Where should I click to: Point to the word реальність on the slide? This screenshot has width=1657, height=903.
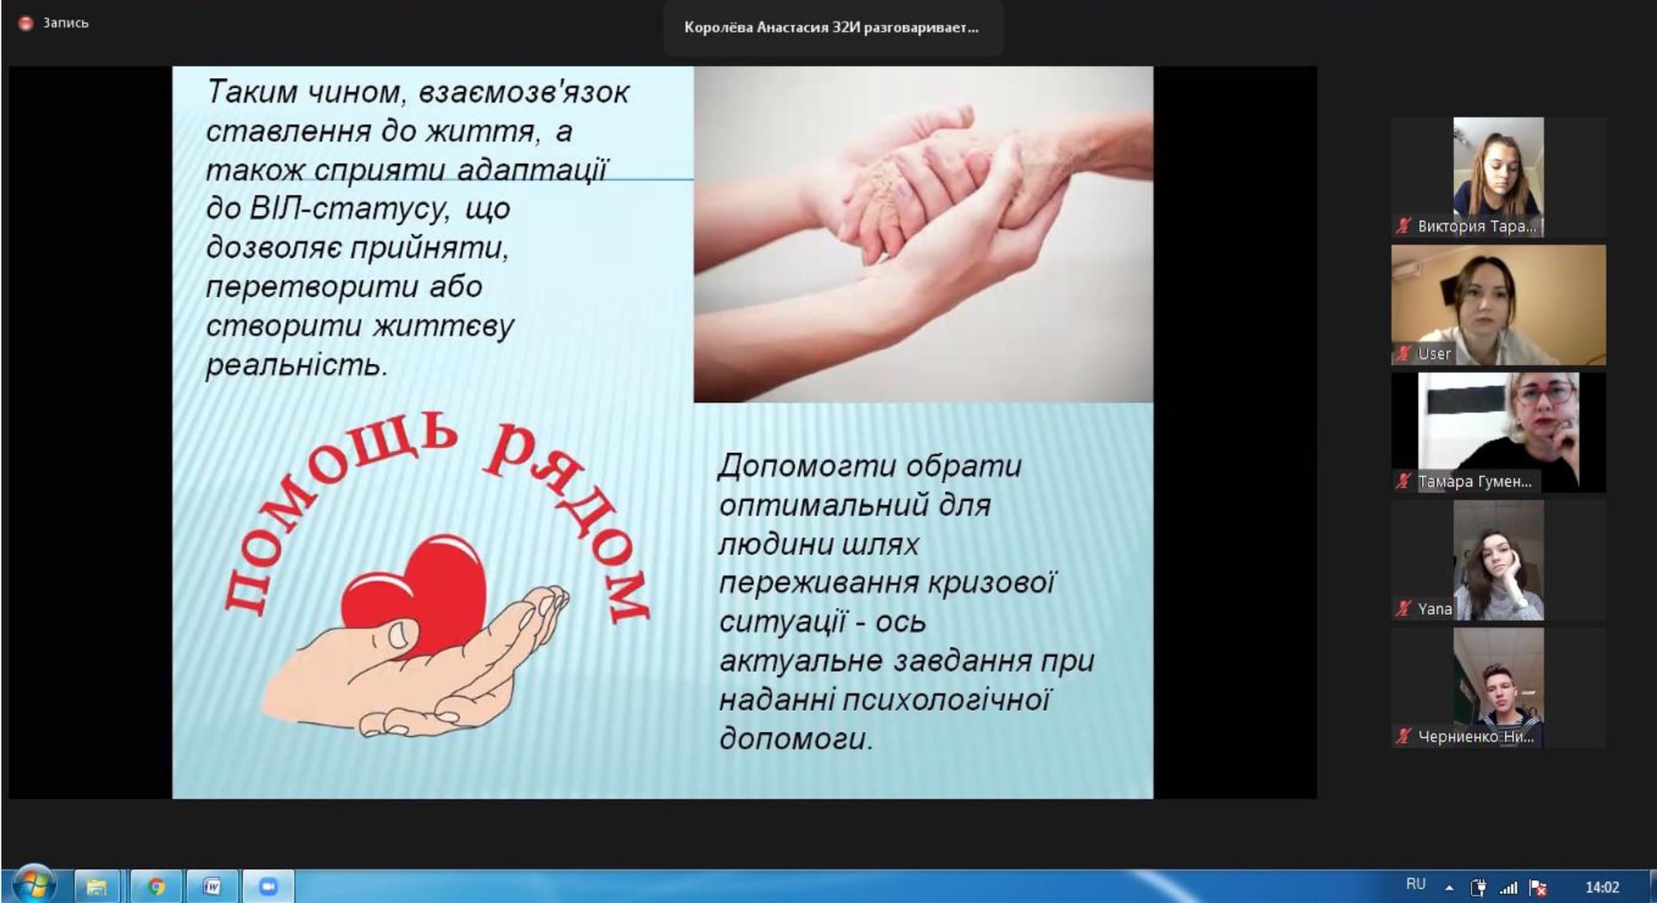[296, 365]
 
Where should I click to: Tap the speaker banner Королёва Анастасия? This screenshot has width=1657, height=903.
[832, 28]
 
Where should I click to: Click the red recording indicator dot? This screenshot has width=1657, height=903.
[26, 23]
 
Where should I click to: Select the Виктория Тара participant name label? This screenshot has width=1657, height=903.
[1475, 226]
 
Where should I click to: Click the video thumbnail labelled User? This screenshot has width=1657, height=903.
[1499, 305]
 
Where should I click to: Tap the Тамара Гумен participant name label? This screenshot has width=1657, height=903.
[1474, 481]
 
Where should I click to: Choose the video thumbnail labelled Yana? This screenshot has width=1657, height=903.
[1499, 560]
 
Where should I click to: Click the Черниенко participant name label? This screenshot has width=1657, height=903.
[1475, 737]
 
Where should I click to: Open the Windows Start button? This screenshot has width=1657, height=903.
[34, 885]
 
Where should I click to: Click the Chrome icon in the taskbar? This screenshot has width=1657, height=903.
[156, 886]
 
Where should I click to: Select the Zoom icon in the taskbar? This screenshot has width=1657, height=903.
[268, 886]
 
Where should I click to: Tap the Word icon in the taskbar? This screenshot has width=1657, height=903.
[212, 886]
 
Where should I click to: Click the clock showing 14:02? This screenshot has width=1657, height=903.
[1602, 887]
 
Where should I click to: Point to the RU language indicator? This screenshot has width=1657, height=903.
[1416, 884]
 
